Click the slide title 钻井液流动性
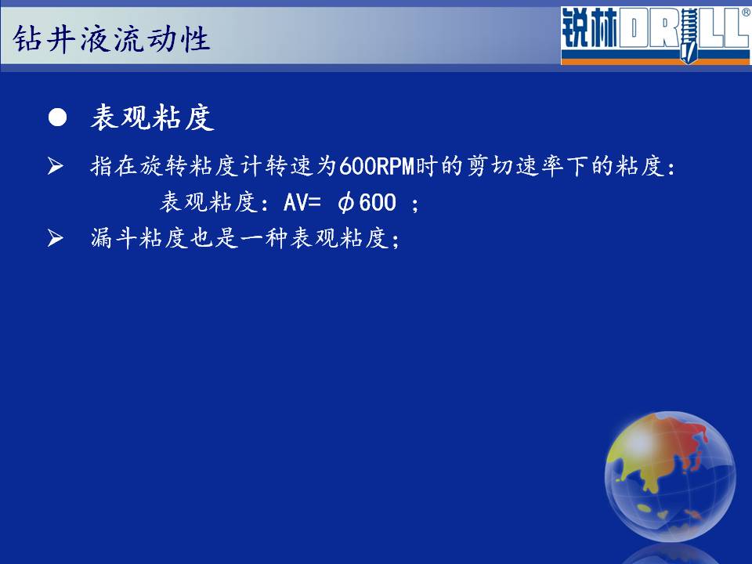pos(111,39)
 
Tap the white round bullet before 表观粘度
pos(57,117)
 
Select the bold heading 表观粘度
pos(153,117)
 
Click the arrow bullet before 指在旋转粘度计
pos(55,166)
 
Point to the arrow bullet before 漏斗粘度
pos(55,237)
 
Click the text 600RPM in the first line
pos(377,167)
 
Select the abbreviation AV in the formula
pos(295,202)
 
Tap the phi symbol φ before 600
pos(346,203)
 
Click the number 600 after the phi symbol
pos(378,202)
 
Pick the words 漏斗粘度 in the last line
pos(140,238)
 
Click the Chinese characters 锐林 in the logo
pos(590,29)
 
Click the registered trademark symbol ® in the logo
pos(747,13)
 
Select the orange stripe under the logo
pos(655,61)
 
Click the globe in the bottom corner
pos(670,476)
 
